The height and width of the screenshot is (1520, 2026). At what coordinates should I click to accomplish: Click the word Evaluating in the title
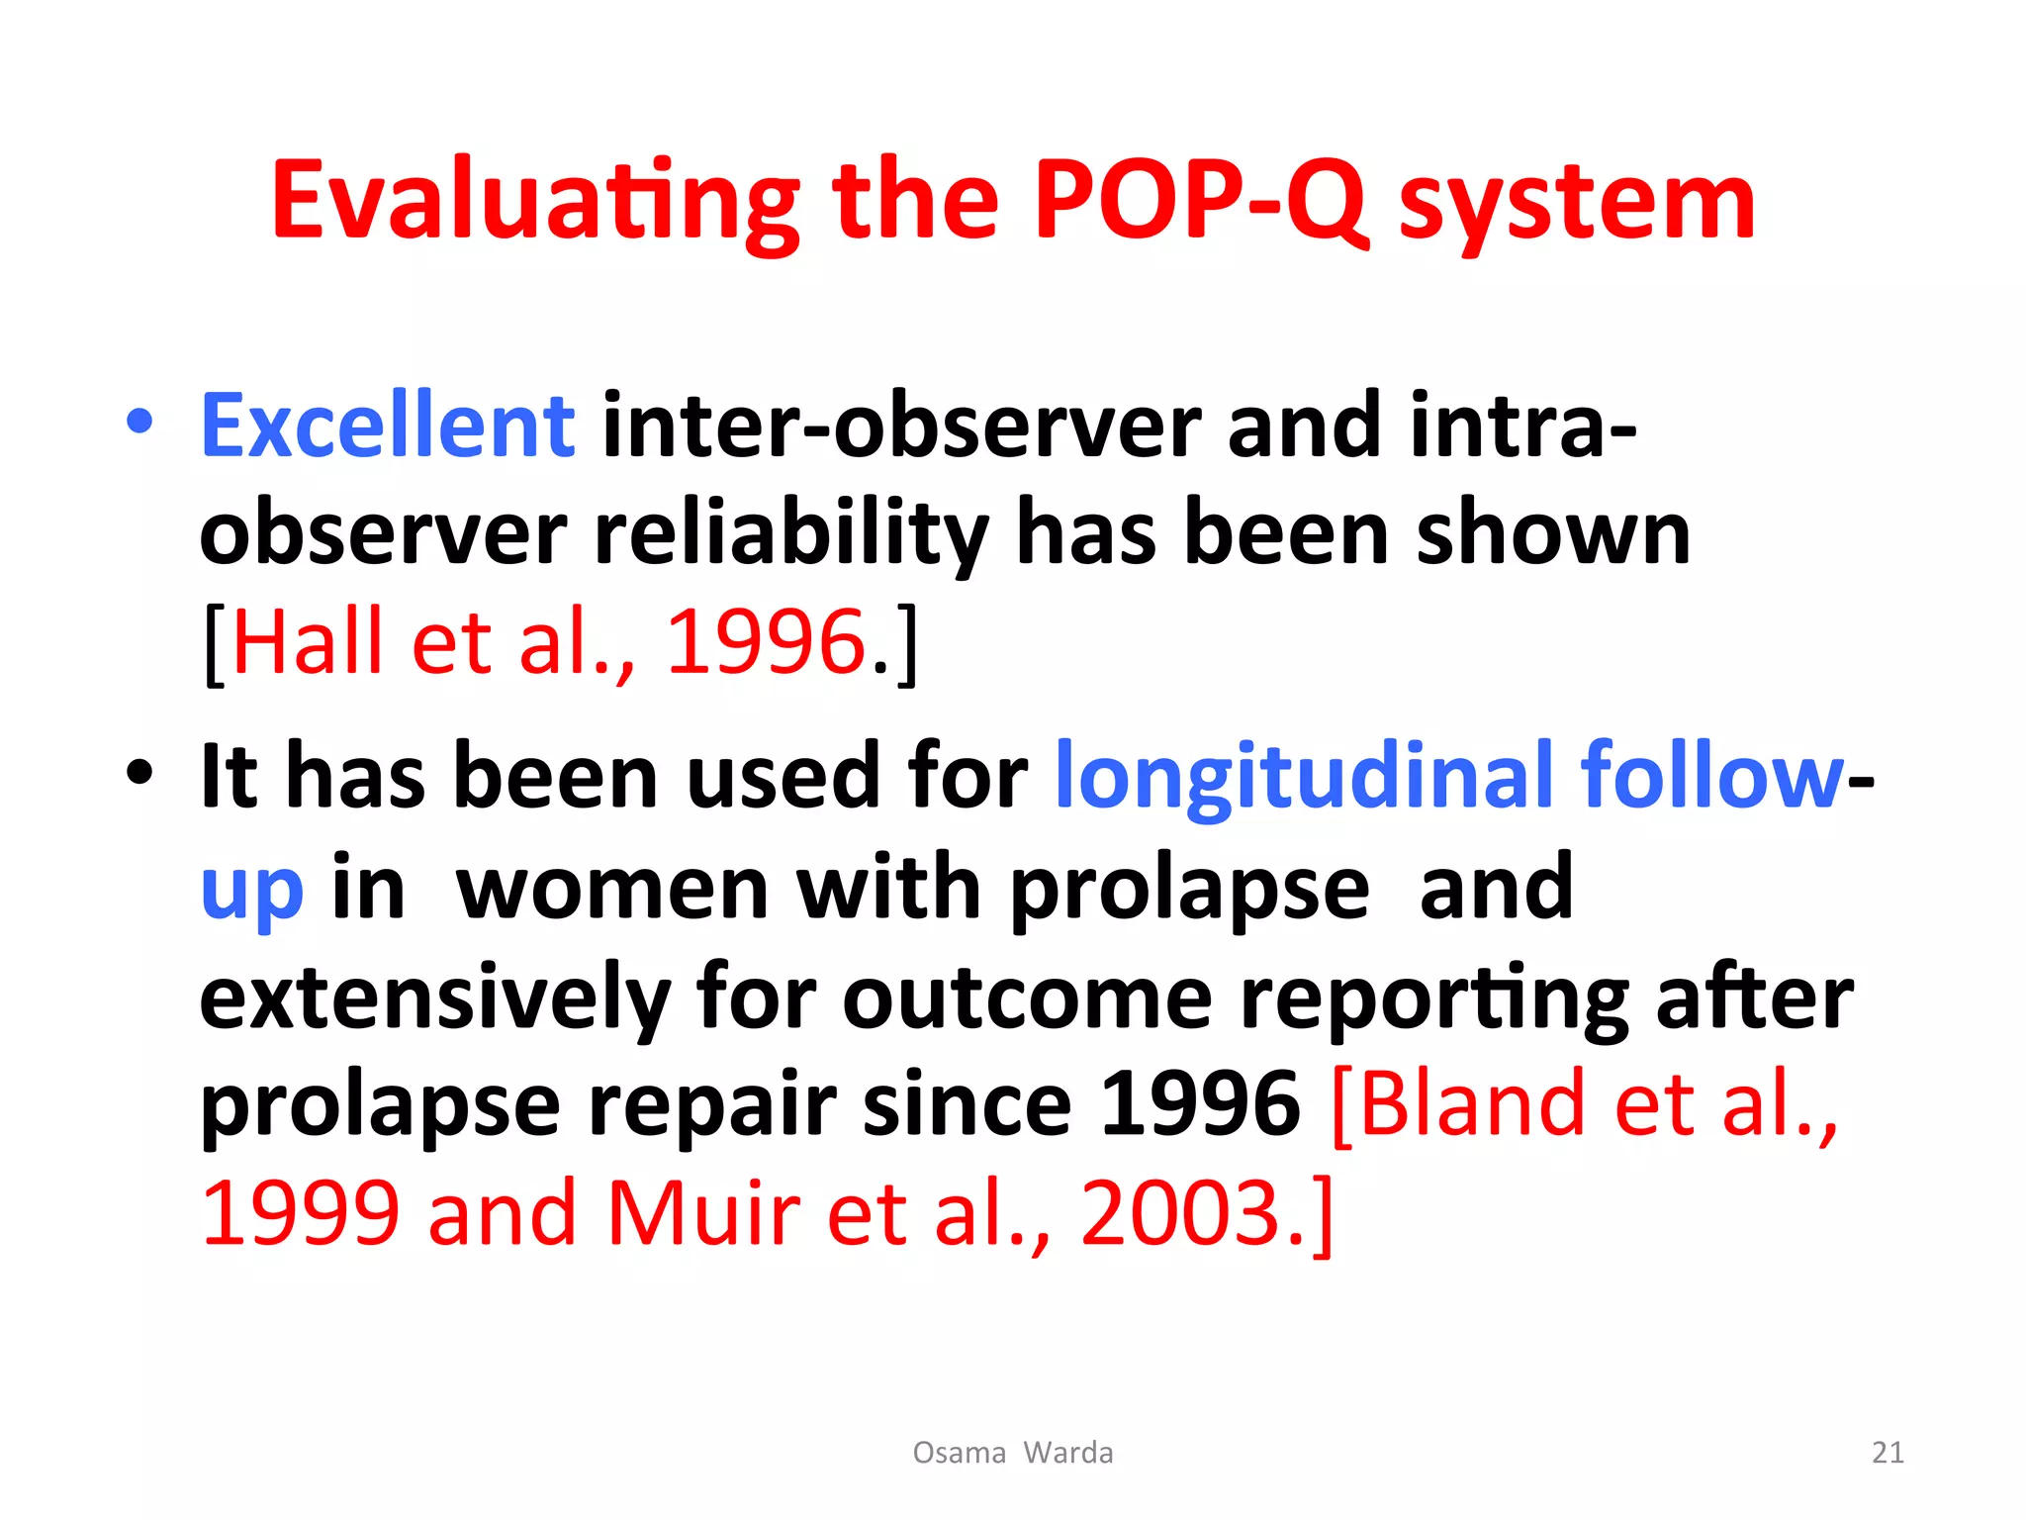pyautogui.click(x=534, y=203)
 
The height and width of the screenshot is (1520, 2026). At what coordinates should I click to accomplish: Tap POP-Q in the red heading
pyautogui.click(x=1199, y=203)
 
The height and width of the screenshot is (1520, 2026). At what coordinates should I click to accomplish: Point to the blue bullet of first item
pyautogui.click(x=139, y=422)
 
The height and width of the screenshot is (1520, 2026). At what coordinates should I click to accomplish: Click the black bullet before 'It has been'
pyautogui.click(x=139, y=772)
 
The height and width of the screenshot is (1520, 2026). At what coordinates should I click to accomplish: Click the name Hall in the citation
pyautogui.click(x=307, y=643)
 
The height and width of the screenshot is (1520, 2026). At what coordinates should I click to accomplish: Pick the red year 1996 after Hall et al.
pyautogui.click(x=767, y=643)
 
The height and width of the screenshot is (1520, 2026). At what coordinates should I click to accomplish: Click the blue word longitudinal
pyautogui.click(x=1304, y=777)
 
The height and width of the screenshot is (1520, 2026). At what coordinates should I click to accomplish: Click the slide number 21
pyautogui.click(x=1888, y=1453)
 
